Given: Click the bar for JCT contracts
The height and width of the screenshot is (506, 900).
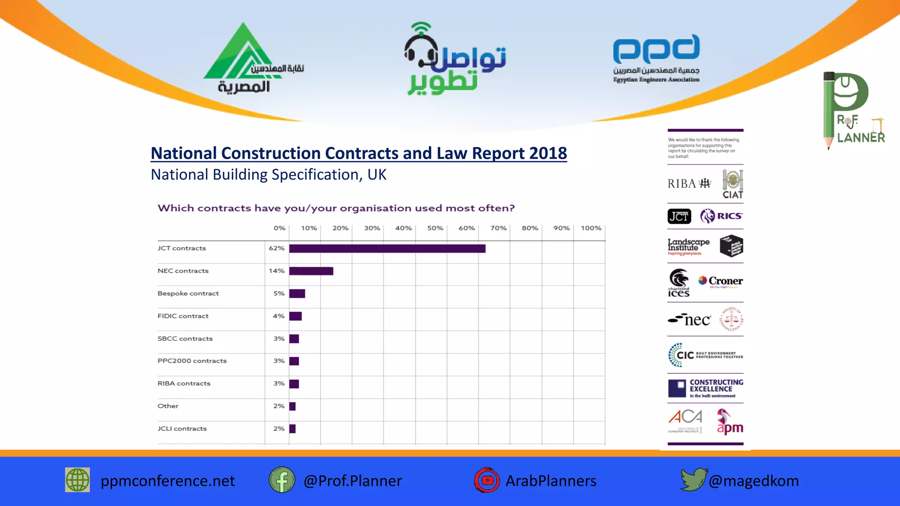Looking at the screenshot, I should point(387,249).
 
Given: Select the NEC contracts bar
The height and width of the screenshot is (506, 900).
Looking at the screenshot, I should point(311,271).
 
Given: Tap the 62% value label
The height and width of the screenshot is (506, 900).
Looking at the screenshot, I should point(276,248).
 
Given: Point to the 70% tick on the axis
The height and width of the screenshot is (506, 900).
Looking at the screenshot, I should point(498,228).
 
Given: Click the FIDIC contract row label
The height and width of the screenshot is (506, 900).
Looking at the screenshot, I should point(183,316).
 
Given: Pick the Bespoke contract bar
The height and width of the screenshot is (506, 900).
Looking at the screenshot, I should point(297,293).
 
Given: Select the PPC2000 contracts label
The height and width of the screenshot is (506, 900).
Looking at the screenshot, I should point(192,361).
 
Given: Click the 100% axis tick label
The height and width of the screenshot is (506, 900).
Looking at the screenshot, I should point(591,228).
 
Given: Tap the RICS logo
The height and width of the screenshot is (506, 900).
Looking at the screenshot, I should point(721,216).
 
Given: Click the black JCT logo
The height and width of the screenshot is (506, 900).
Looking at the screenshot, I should point(679,216).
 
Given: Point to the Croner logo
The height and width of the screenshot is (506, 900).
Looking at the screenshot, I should point(721,281).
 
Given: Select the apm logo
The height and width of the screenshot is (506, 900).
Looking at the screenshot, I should point(729,423).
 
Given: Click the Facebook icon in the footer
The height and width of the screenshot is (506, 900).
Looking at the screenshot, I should point(282,480).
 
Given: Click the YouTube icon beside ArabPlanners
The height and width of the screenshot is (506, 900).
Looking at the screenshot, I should point(487,480).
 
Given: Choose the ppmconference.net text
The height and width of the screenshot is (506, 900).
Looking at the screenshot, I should point(167,481).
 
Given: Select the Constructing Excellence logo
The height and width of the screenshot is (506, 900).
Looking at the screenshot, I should point(705,388).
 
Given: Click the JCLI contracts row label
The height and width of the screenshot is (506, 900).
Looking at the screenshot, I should point(182,429).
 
